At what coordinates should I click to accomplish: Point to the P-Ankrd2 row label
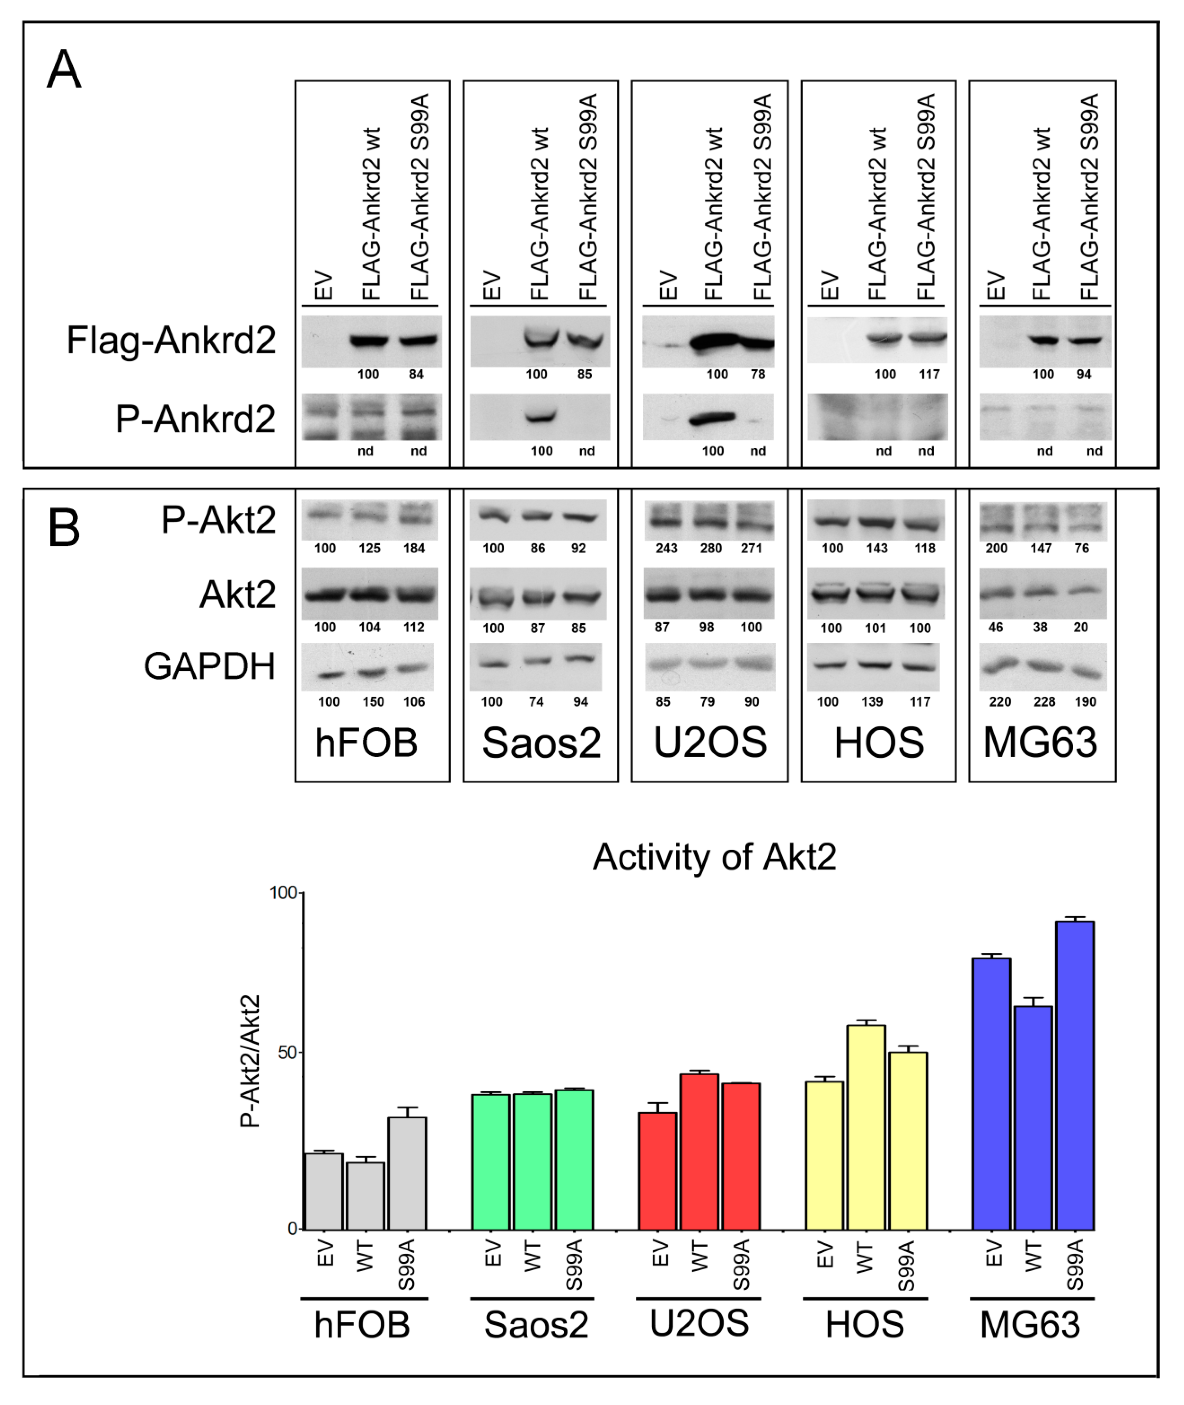click(195, 419)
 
